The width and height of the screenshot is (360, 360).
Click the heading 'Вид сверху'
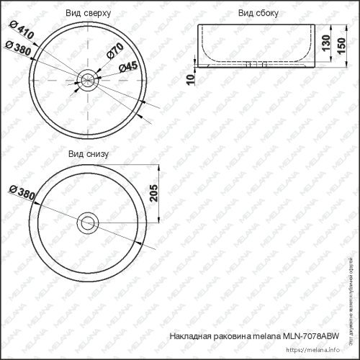pos(89,13)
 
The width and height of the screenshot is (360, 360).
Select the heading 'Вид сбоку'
pos(258,13)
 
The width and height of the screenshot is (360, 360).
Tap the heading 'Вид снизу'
pos(89,154)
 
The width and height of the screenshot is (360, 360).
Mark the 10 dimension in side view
pos(191,77)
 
